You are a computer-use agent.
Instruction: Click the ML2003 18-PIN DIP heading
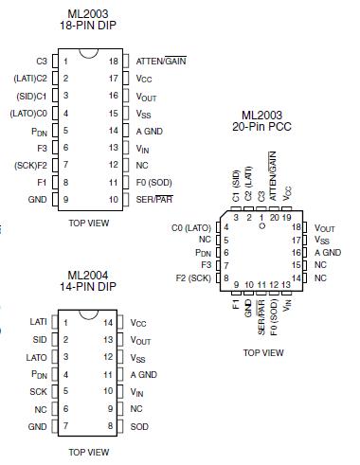point(86,22)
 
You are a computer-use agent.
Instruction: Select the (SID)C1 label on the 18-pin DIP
point(30,96)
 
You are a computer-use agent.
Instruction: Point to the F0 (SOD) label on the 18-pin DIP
point(153,182)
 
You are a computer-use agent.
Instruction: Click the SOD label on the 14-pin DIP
point(139,426)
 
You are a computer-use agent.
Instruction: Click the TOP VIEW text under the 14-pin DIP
point(86,452)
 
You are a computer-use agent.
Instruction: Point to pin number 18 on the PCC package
point(297,228)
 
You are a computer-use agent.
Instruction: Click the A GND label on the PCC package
point(327,253)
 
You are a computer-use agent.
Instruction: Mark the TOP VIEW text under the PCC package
point(262,352)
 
